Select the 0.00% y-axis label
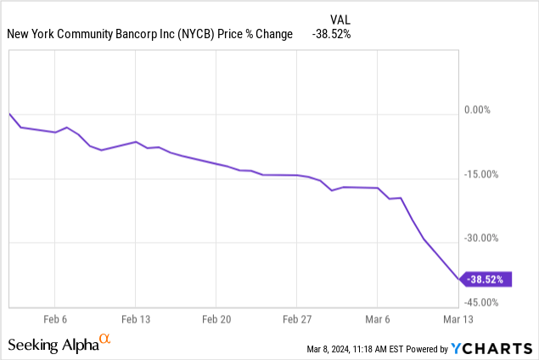pyautogui.click(x=490, y=110)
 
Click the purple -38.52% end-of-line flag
pyautogui.click(x=487, y=278)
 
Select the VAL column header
pyautogui.click(x=340, y=19)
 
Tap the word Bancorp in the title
pyautogui.click(x=131, y=34)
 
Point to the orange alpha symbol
pyautogui.click(x=105, y=339)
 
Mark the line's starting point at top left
pyautogui.click(x=9, y=113)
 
